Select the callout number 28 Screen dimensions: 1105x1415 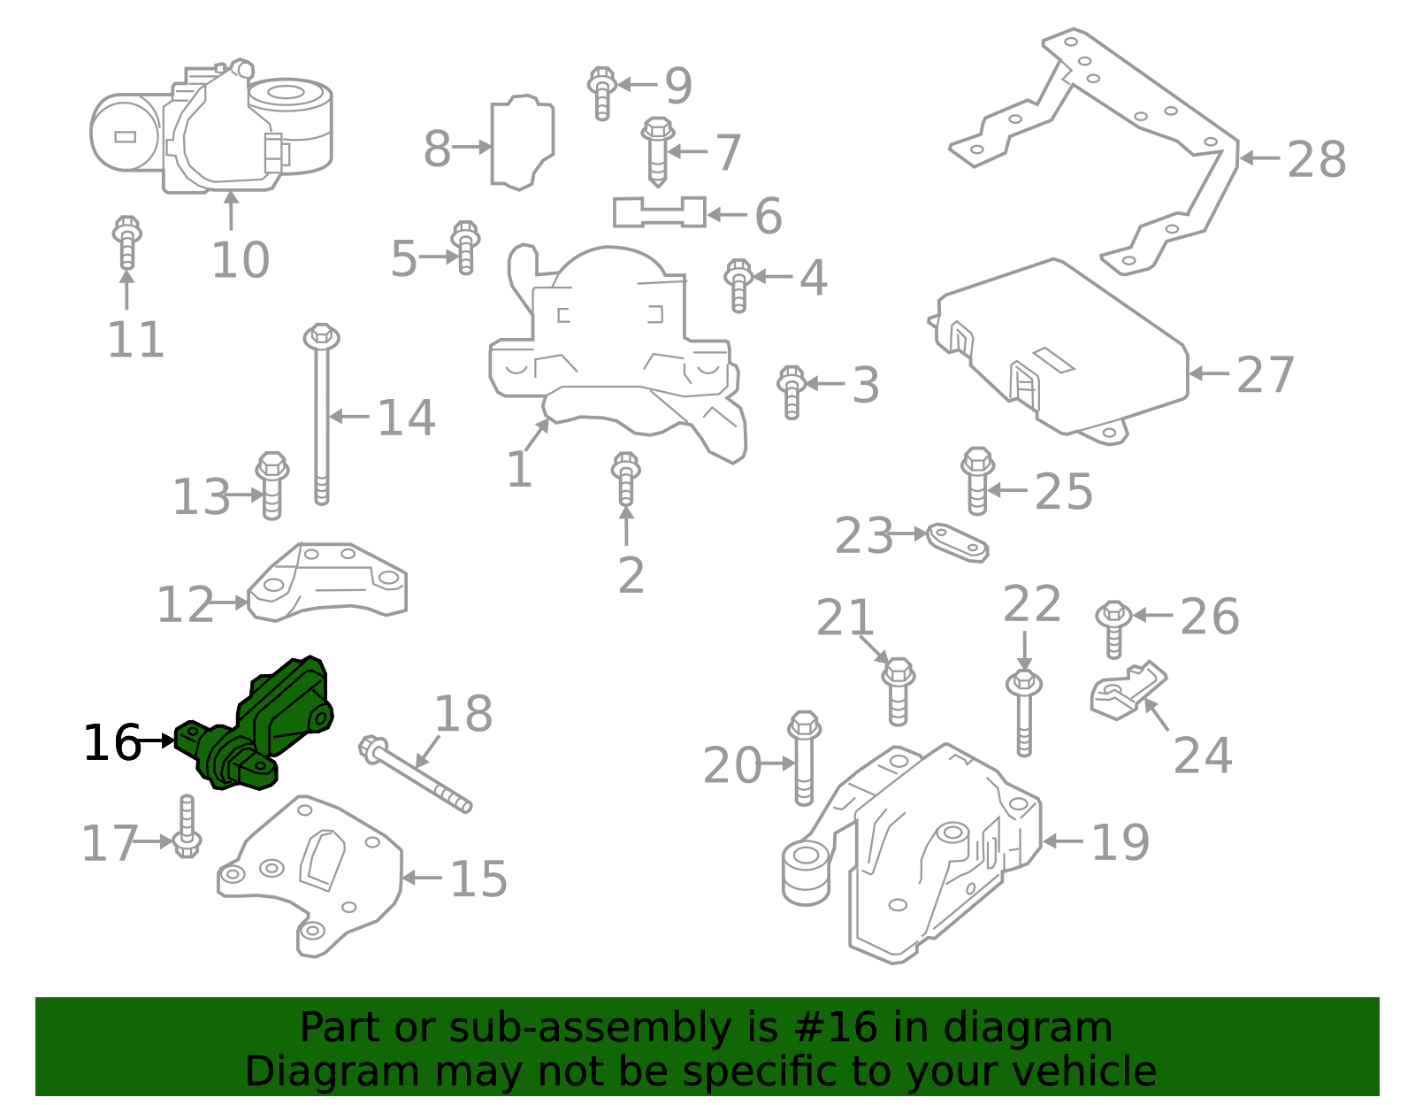coord(1316,160)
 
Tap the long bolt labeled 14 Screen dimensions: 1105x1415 coord(321,416)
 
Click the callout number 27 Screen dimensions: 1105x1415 coord(1265,375)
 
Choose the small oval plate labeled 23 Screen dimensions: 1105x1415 coord(957,541)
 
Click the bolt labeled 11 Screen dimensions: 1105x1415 coord(126,242)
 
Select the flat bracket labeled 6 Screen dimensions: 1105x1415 coord(659,212)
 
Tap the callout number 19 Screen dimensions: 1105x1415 coord(1120,842)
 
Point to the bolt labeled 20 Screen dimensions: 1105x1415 coord(804,758)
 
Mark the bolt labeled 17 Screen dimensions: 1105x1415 coord(187,827)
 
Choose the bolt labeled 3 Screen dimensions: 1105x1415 coord(792,392)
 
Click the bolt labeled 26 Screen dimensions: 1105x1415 coord(1113,628)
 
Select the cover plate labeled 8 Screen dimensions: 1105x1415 coord(522,142)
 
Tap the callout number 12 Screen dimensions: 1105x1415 coord(185,605)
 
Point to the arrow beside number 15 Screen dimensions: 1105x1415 coord(421,879)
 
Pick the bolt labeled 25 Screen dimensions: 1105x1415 coord(977,480)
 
